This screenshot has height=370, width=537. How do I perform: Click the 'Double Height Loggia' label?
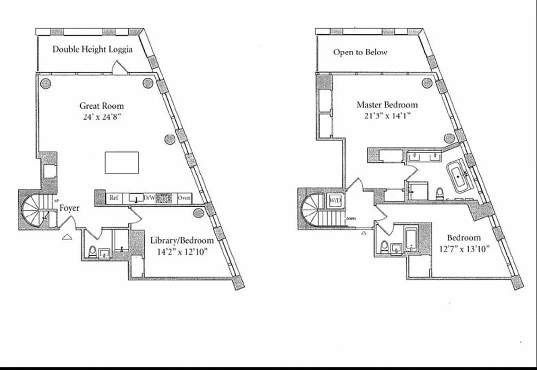pos(93,49)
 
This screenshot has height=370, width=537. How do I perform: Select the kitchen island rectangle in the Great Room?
pos(122,162)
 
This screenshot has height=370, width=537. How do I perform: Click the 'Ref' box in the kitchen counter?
pos(113,198)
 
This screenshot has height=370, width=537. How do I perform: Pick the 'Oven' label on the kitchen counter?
pos(185,198)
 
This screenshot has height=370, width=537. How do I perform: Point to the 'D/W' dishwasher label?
pos(149,198)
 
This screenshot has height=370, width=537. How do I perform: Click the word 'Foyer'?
pos(69,208)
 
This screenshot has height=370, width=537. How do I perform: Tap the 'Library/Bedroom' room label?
pos(182,240)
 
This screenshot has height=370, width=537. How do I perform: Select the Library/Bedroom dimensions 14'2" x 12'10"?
pos(182,252)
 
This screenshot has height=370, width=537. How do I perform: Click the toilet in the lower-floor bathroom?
pos(92,252)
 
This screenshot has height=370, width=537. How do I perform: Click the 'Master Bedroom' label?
pos(387,105)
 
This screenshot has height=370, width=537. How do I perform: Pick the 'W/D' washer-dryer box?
pos(334,201)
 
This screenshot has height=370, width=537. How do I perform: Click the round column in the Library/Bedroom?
pos(198,212)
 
